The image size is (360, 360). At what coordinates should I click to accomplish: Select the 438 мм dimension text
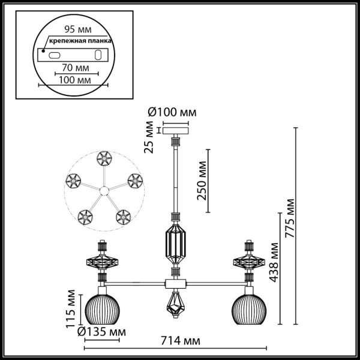(275, 262)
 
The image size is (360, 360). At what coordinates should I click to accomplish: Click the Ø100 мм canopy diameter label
(172, 112)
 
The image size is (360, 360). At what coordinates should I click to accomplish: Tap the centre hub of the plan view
(103, 191)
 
